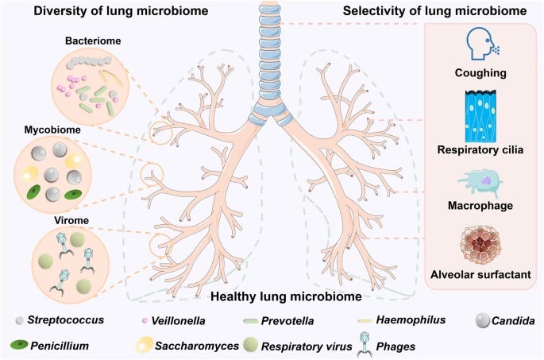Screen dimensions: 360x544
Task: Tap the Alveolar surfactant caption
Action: (483, 275)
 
